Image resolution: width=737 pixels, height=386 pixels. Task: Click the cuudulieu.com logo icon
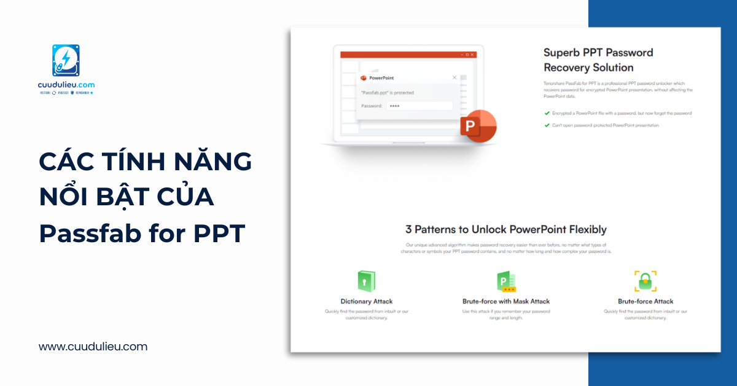point(66,61)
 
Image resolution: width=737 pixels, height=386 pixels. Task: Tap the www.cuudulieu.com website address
point(93,347)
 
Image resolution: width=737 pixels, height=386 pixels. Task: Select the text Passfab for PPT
point(142,234)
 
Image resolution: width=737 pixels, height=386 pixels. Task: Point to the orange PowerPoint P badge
point(477,126)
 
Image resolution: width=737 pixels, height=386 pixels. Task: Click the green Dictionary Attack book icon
point(366,282)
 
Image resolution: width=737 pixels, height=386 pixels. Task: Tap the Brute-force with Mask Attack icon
point(506,282)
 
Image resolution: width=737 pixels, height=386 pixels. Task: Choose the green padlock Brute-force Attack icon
point(645,281)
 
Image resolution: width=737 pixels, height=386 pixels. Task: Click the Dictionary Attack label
point(367,301)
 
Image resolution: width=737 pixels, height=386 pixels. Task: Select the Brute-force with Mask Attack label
point(506,301)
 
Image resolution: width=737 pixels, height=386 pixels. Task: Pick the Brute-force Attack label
point(645,301)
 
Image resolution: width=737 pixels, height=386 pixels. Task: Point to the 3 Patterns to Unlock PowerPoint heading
point(505,229)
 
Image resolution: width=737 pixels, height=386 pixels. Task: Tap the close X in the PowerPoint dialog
point(454,77)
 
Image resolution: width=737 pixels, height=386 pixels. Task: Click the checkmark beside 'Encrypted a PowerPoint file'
point(547,113)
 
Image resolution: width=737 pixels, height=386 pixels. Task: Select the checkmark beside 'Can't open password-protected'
point(547,125)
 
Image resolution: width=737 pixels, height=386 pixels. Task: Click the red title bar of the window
point(399,55)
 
